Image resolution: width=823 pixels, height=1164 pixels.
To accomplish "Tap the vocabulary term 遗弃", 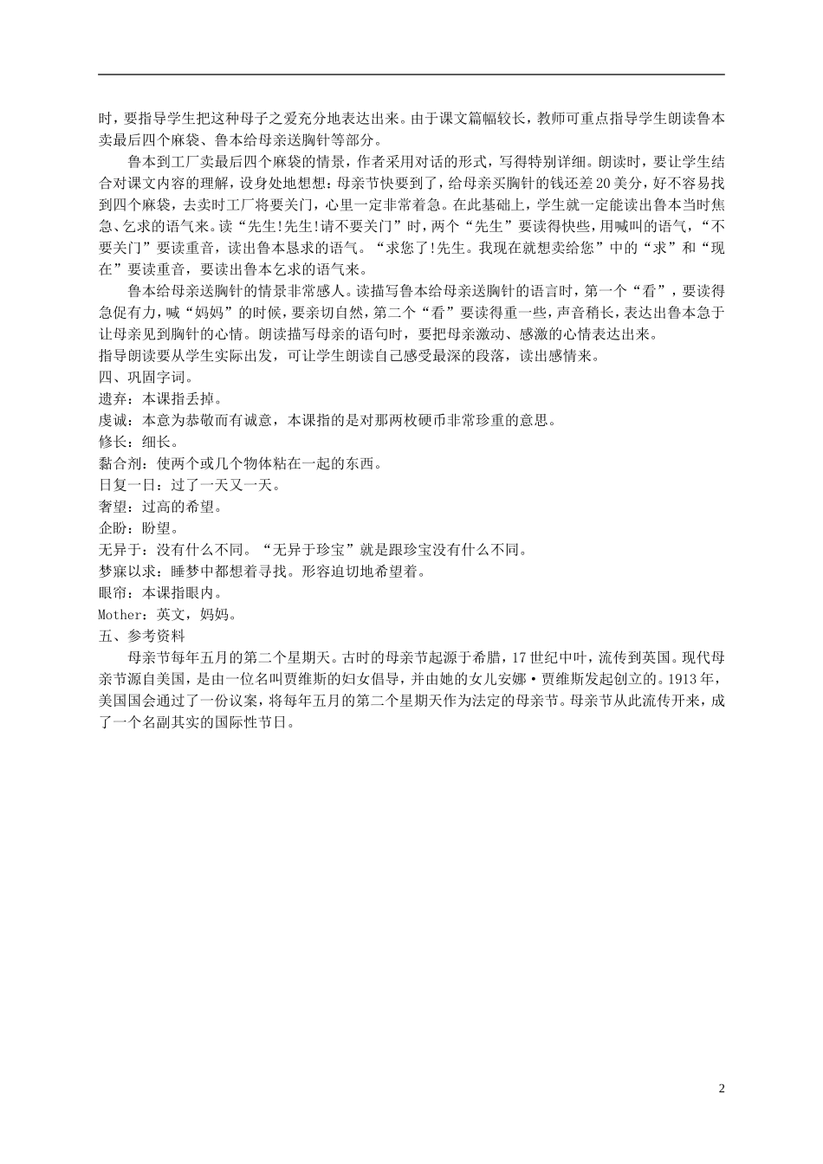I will (113, 399).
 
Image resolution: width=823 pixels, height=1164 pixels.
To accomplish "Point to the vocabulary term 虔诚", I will (113, 420).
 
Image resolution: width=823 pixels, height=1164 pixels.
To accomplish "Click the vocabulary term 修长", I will (113, 442).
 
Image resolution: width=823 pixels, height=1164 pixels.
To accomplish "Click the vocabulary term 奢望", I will (113, 506).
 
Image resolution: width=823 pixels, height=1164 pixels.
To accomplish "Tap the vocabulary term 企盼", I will (113, 527).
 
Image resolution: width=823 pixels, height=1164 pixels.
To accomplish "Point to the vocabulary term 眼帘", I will (113, 592).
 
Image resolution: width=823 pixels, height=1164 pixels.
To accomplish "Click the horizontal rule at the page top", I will (411, 74).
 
